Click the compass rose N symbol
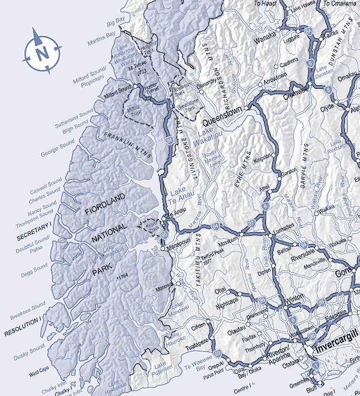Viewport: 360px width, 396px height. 42,52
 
